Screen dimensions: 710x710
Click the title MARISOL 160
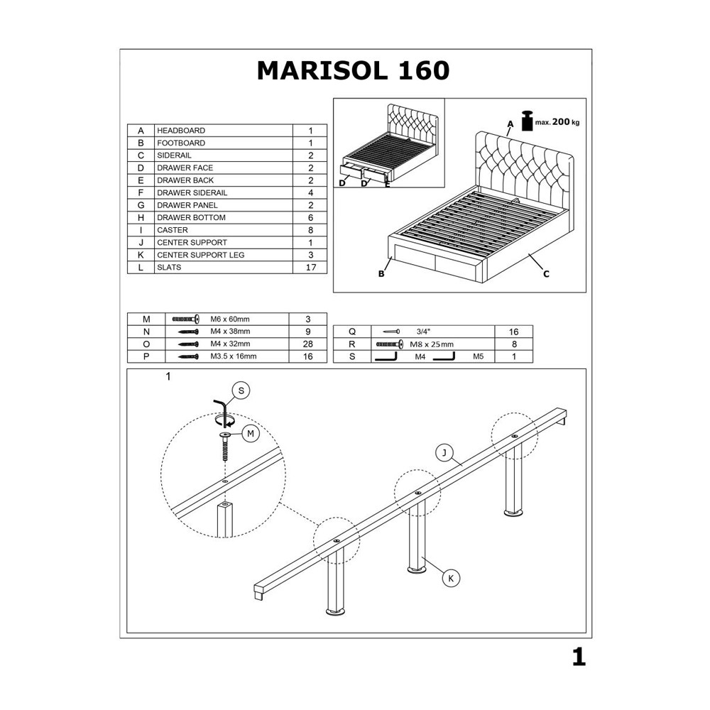coord(353,70)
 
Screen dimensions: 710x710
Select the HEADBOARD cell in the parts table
coord(181,131)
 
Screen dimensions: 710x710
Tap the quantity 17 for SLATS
coord(311,267)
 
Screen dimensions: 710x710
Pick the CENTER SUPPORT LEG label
coord(201,255)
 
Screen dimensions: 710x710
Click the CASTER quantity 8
coord(311,230)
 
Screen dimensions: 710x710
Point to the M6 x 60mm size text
coord(230,319)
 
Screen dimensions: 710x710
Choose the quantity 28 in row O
coord(308,344)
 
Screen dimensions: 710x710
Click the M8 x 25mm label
coord(432,344)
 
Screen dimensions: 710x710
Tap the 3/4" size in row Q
coord(423,332)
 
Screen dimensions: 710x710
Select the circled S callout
coord(241,390)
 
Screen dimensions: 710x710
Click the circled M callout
coord(251,434)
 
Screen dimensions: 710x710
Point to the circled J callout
coord(444,452)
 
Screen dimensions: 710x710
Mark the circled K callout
coord(451,578)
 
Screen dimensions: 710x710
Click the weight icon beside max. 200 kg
coord(528,121)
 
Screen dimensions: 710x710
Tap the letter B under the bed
coord(381,274)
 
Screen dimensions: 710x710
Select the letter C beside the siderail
coord(546,274)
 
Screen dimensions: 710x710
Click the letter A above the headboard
coord(510,124)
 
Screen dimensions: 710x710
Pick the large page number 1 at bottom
coord(579,657)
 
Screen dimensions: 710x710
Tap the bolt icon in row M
coord(185,319)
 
